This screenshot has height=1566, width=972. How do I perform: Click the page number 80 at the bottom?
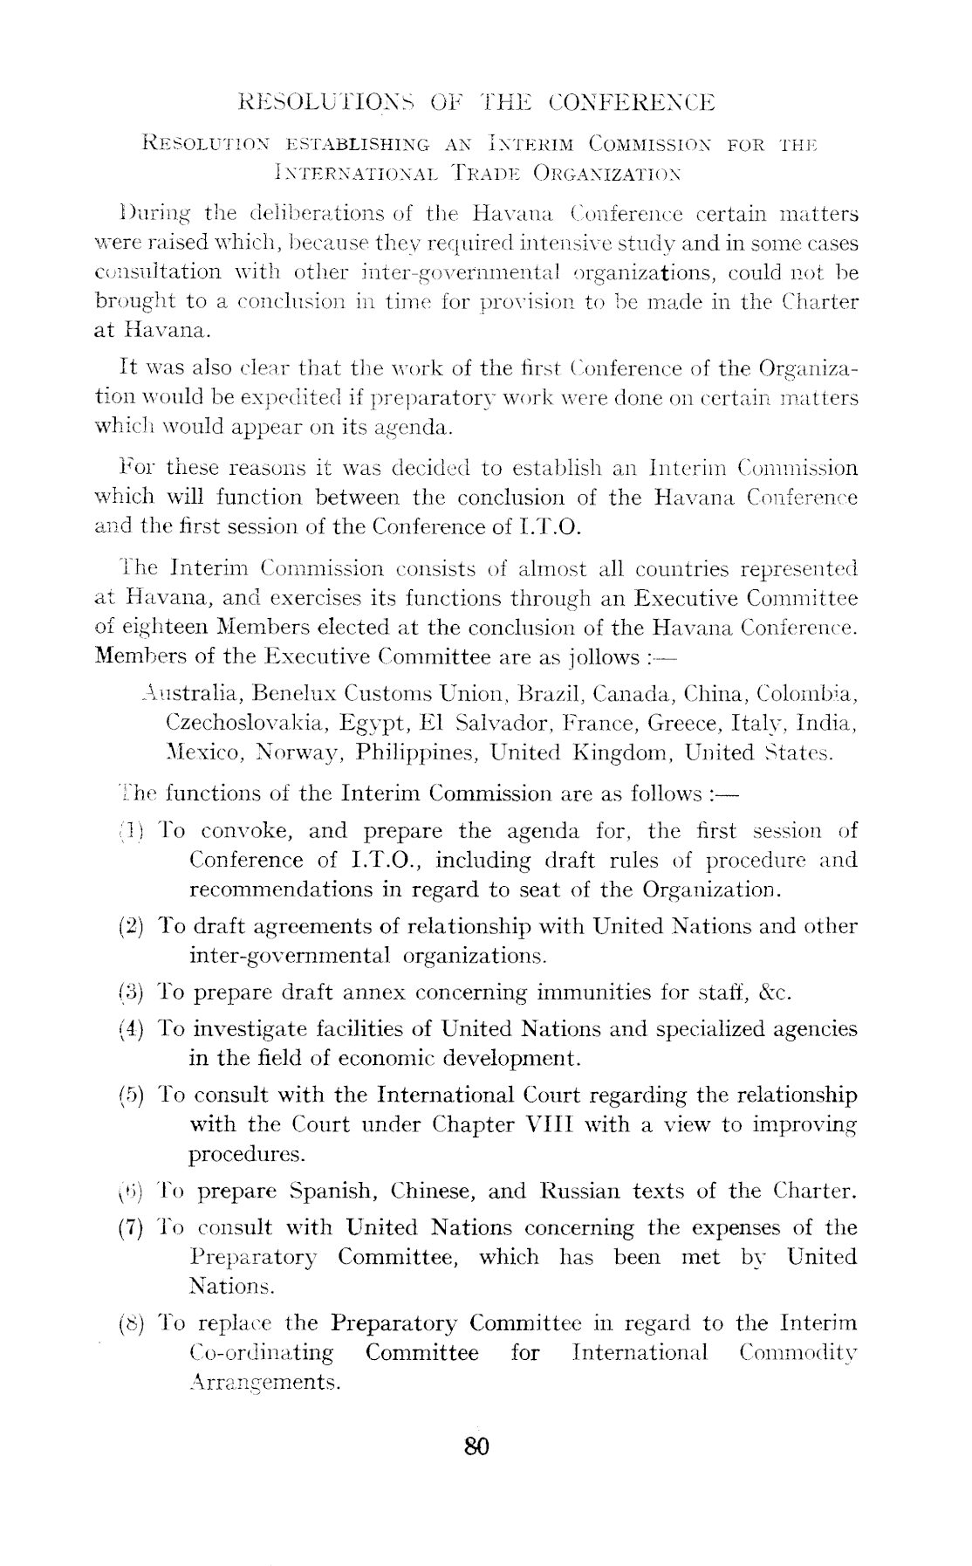477,1446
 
